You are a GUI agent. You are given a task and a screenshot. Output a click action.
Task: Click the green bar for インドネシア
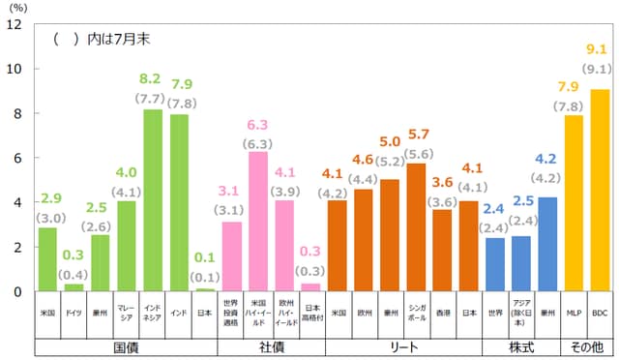[x=153, y=200]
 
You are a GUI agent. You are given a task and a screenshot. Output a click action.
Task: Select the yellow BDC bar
[x=600, y=190]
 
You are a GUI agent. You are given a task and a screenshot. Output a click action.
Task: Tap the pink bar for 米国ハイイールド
[x=258, y=222]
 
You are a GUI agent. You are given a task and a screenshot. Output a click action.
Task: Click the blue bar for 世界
[x=494, y=264]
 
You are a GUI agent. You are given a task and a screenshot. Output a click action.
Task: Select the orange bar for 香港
[x=442, y=250]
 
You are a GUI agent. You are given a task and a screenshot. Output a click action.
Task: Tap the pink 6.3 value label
[x=258, y=125]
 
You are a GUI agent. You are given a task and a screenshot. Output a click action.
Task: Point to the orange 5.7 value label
[x=416, y=135]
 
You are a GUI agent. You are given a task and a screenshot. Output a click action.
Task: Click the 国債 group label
[x=126, y=345]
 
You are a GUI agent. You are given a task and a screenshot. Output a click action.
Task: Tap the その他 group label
[x=586, y=345]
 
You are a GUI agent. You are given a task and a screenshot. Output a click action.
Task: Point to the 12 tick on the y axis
[x=15, y=24]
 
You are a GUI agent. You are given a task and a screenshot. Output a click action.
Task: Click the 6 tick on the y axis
[x=17, y=158]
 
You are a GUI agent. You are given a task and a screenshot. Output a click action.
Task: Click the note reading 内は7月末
[x=112, y=40]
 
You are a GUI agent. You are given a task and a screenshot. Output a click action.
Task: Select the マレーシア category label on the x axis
[x=127, y=315]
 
